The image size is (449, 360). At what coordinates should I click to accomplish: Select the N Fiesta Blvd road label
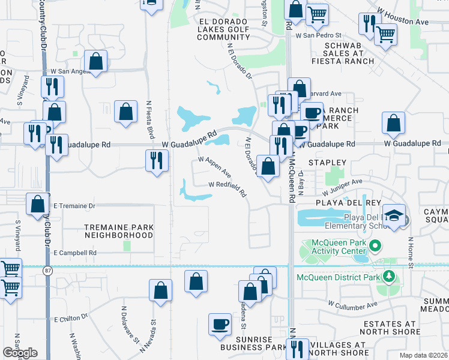coord(149,118)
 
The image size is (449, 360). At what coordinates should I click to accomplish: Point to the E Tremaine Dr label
coord(74,206)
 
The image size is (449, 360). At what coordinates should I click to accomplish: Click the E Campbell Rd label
coord(75,253)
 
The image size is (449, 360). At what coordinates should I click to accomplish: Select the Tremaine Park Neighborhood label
coord(119,232)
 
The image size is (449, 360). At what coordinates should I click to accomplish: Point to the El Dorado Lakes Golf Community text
coord(215,29)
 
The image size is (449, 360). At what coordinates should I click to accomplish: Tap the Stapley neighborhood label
coord(327,163)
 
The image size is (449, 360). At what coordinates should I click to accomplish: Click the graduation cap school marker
coord(394,215)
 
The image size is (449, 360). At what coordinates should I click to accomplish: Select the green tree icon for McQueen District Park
coord(389,277)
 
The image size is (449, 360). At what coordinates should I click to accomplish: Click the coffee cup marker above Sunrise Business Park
coord(220,324)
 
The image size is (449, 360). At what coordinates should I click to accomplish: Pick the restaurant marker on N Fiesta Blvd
coord(156,160)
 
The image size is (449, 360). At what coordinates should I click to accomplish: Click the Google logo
coord(20,353)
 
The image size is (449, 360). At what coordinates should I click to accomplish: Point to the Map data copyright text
coord(423,355)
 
